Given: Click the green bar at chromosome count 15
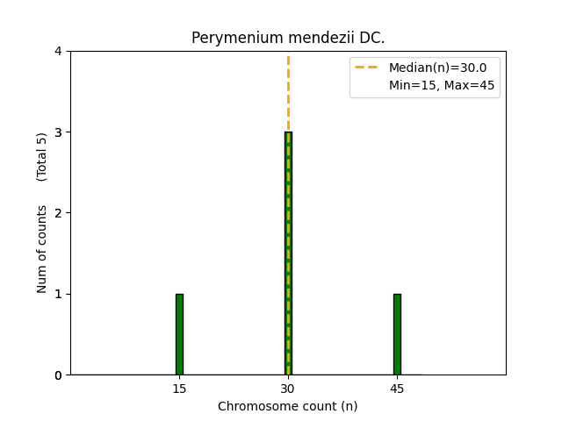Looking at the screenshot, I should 179,334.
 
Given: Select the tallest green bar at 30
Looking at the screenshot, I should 288,253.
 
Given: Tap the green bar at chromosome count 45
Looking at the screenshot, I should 397,334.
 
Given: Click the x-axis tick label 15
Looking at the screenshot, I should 179,389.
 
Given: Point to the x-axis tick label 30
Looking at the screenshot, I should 288,389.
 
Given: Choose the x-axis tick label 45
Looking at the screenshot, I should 397,389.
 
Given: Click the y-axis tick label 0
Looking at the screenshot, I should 59,375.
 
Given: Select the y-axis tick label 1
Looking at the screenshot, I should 59,294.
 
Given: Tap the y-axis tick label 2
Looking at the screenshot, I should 59,213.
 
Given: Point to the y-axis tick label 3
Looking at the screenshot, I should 59,132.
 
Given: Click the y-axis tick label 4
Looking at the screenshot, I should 59,52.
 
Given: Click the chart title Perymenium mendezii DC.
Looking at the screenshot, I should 288,39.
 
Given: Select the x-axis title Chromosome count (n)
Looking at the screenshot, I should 288,406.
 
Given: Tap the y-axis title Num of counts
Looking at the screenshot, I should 42,249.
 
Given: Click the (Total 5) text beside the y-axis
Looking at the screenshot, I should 42,157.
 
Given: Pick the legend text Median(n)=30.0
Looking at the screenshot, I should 431,68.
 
